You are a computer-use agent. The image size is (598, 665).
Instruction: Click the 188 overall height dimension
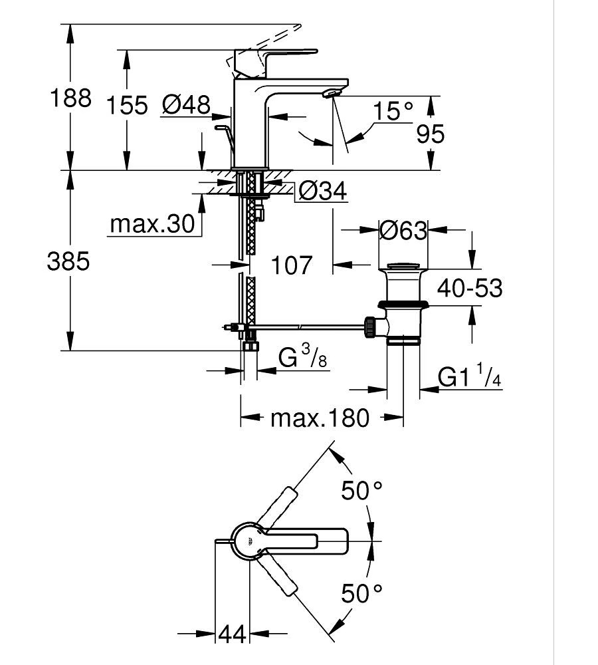pos(70,98)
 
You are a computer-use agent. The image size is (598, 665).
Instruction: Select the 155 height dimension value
pos(127,105)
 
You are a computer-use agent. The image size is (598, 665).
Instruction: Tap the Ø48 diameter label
pos(186,104)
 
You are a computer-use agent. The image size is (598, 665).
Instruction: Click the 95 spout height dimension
pos(430,134)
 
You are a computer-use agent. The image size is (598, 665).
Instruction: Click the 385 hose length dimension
pos(68,261)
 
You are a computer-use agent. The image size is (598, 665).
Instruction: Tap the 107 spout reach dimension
pos(291,265)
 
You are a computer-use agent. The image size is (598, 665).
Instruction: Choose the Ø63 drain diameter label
pos(403,230)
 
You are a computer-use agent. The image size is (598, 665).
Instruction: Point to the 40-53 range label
pos(470,288)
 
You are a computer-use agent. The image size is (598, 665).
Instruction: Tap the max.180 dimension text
pos(320,418)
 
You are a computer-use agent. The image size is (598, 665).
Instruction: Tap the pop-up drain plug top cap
pos(403,266)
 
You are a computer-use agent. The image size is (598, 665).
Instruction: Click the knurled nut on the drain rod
pos(369,327)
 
